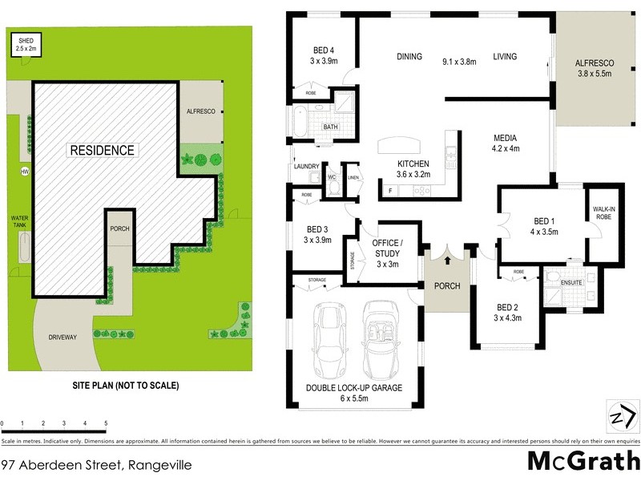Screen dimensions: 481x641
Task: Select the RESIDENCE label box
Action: (102, 150)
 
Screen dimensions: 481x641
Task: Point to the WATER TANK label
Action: (19, 221)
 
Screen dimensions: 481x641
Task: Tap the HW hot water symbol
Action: (24, 172)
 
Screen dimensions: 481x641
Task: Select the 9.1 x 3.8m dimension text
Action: (460, 61)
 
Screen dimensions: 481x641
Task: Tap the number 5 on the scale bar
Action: (106, 423)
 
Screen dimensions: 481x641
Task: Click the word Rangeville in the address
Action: (157, 464)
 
